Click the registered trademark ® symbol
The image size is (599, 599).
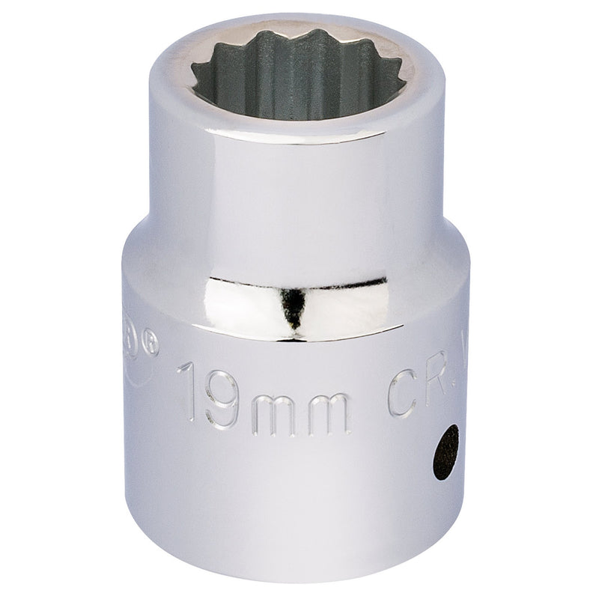[x=153, y=345]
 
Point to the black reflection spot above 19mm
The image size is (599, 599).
[x=294, y=308]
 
